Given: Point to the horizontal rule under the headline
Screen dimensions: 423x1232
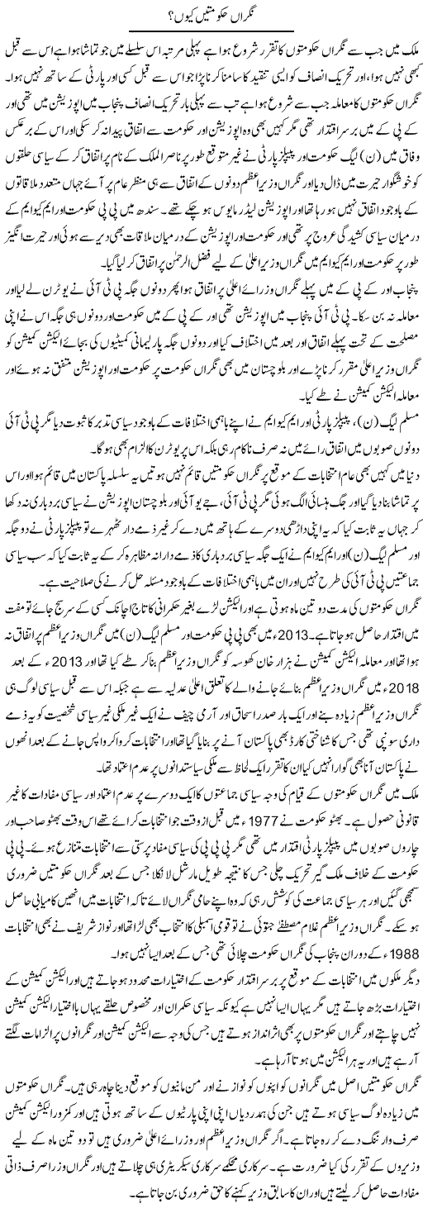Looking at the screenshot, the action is (211, 34).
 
